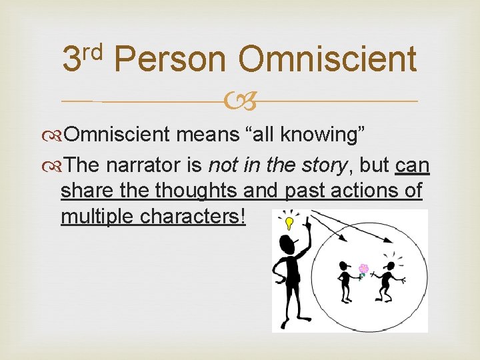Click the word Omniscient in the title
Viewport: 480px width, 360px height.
coord(327,59)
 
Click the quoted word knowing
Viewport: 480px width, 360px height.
coord(322,135)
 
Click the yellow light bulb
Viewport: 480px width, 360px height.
coord(289,221)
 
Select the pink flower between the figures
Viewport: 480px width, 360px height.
coord(363,269)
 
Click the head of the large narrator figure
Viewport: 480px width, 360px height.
coord(289,243)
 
